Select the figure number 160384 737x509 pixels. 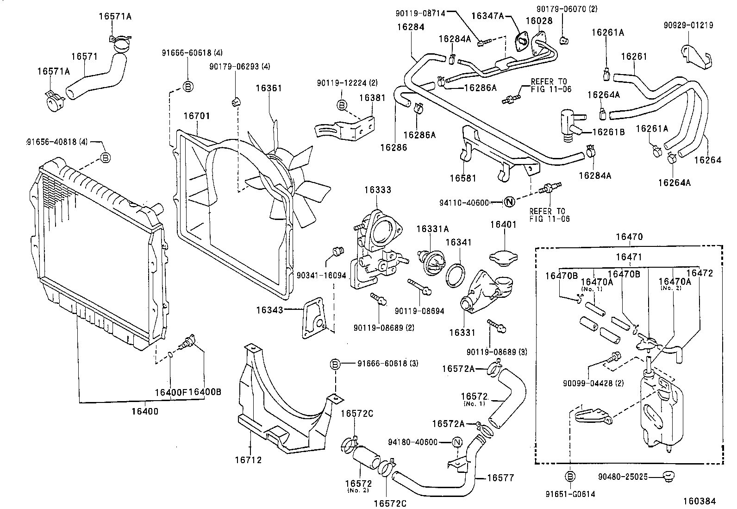[x=700, y=501]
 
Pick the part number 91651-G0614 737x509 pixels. [x=570, y=494]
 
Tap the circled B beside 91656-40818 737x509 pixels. [x=106, y=158]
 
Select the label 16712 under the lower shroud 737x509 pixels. [x=248, y=460]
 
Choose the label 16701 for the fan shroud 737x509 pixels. [x=196, y=116]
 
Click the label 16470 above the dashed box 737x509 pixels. [x=629, y=237]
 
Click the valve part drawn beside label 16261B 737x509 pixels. [x=568, y=123]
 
